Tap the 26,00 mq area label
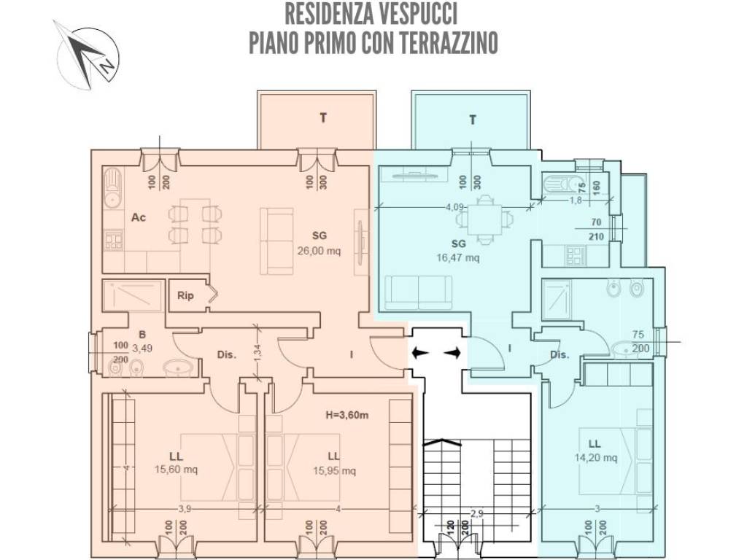(x=319, y=248)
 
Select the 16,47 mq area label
(x=458, y=257)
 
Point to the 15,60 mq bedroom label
(x=176, y=470)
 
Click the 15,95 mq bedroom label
(x=334, y=470)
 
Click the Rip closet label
(x=185, y=296)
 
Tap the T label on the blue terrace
(x=473, y=120)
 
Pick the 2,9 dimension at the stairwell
(x=476, y=514)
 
